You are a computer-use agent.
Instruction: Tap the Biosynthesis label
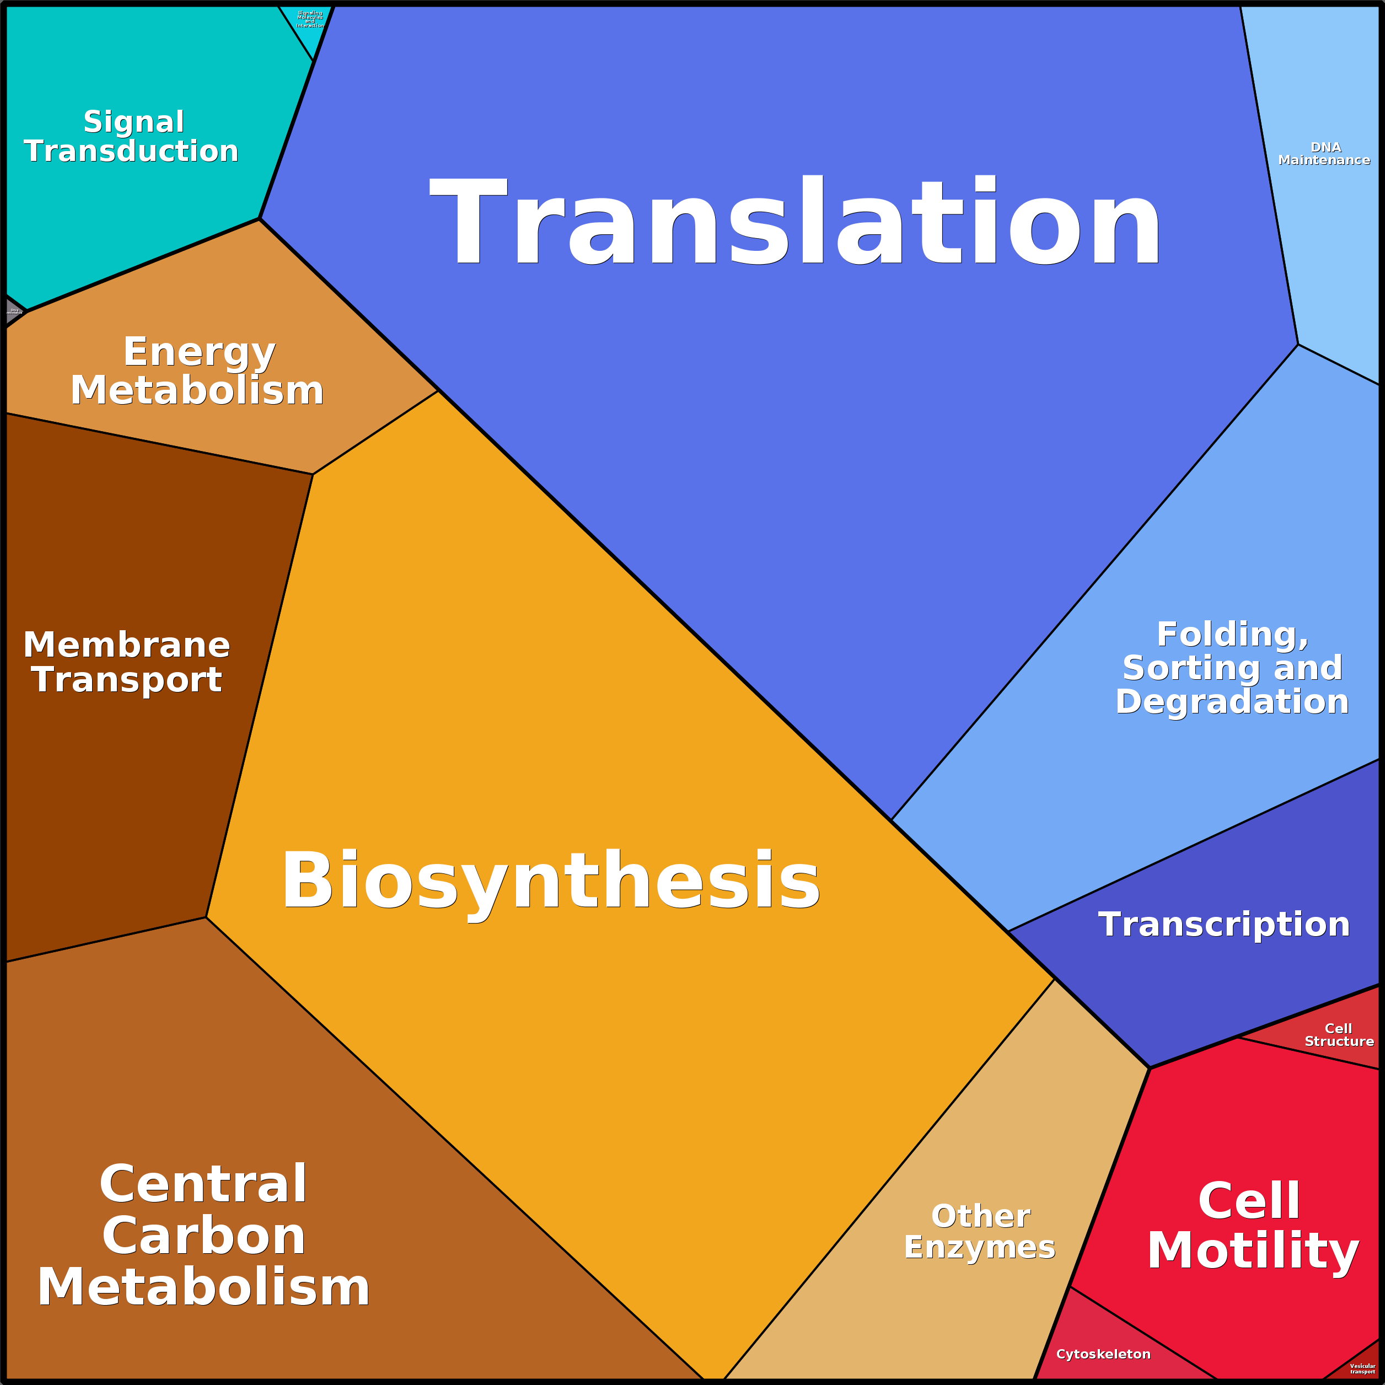551,881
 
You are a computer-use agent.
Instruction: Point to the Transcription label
1223,924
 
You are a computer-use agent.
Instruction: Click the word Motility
1253,1251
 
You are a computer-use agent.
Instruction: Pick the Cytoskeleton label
1103,1354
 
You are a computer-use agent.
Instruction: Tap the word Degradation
1232,701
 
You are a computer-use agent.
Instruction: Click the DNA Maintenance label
1324,153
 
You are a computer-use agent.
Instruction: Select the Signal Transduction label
132,136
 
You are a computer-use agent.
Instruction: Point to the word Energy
199,352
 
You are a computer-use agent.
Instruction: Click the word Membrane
127,645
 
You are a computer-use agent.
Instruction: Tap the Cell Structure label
1338,1035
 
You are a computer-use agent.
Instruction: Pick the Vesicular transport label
1362,1368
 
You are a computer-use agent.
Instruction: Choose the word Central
203,1184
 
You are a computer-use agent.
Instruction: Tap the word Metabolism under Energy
197,391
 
